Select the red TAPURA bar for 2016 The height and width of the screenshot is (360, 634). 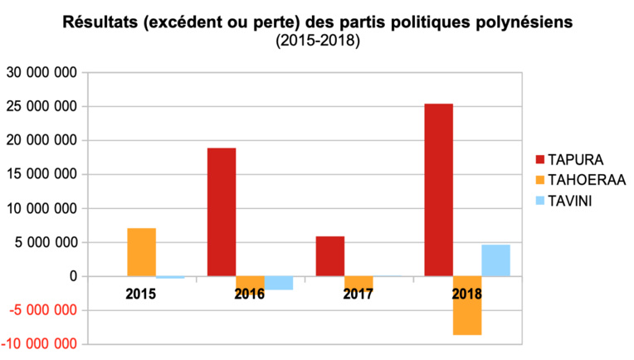222,212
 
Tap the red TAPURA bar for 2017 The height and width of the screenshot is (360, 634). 330,255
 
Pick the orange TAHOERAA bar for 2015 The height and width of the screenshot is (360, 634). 141,251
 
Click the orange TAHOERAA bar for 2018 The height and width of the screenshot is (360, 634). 467,305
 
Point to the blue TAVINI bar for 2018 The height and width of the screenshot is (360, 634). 496,260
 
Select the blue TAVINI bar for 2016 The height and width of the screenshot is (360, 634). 279,283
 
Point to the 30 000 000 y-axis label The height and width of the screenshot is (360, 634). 41,73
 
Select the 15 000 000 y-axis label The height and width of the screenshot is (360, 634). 41,175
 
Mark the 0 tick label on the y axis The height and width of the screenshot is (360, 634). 73,276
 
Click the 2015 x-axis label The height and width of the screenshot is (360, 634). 141,294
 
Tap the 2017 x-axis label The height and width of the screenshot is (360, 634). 358,294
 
